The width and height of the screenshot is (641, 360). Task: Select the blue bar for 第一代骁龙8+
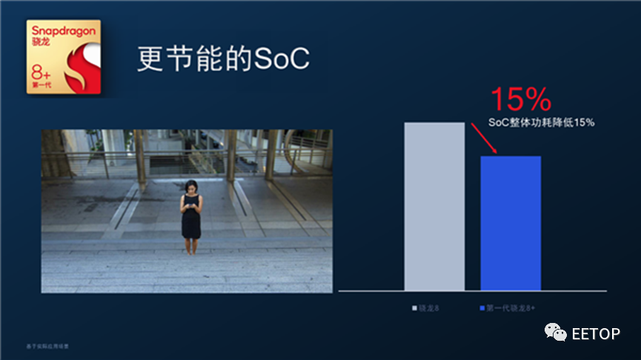tap(511, 223)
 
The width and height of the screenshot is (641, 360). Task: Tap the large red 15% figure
tap(521, 99)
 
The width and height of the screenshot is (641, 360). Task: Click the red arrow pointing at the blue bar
tap(485, 139)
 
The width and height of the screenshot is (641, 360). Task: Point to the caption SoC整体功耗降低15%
tap(542, 122)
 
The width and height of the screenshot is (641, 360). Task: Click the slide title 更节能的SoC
tap(222, 60)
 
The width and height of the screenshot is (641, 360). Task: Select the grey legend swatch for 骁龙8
tap(415, 307)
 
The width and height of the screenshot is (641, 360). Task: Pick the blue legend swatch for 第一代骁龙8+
tap(482, 307)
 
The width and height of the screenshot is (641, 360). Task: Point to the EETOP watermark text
tap(595, 334)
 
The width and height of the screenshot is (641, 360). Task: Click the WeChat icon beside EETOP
tap(556, 333)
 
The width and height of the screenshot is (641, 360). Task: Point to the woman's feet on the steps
tap(190, 251)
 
